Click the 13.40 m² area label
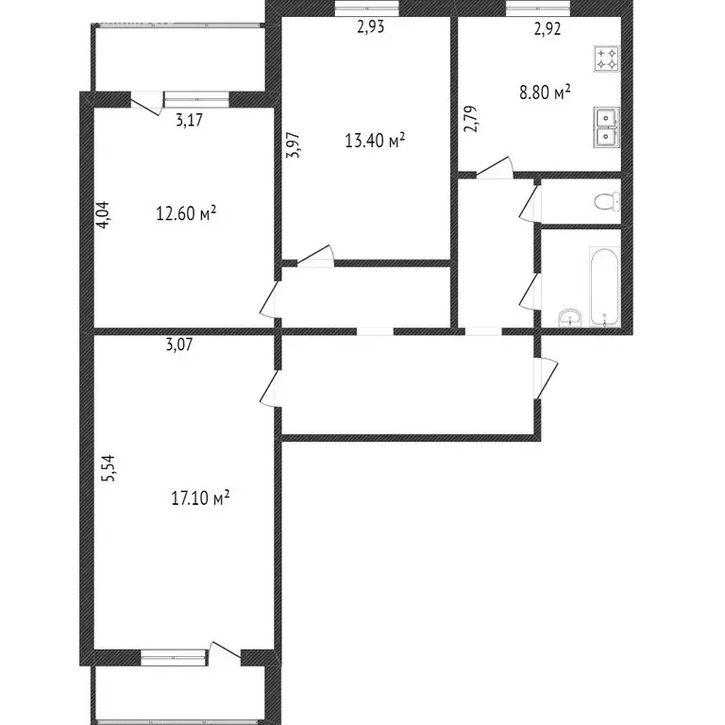point(375,142)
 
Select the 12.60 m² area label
point(186,213)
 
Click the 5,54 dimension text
point(109,470)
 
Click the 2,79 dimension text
point(470,121)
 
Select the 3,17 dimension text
point(191,120)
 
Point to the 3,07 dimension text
point(179,346)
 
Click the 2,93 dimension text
point(370,27)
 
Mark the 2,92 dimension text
point(548,28)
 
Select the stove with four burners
point(606,60)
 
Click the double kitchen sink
point(606,127)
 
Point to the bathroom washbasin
point(567,315)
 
